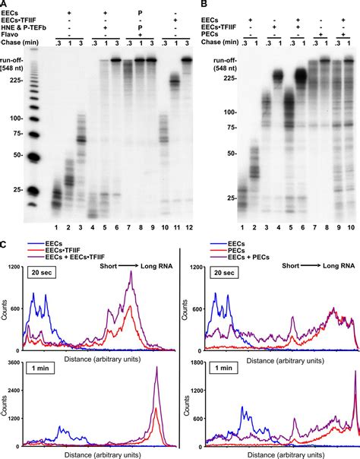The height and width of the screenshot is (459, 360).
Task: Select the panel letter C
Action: (x=5, y=245)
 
